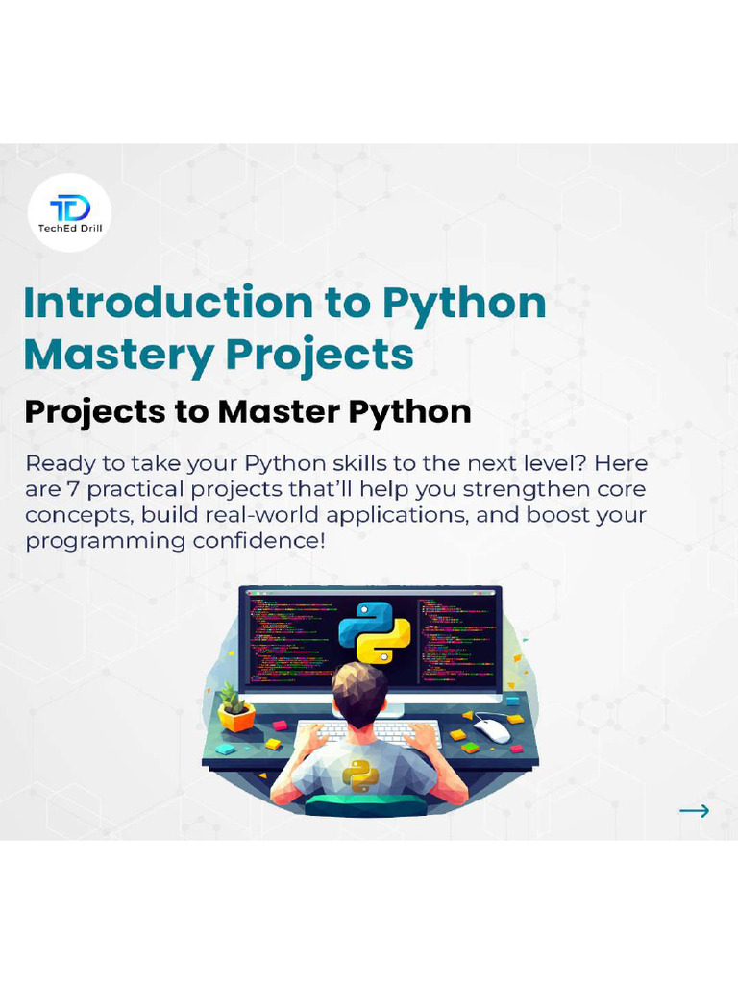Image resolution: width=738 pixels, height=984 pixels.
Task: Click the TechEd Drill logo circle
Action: tap(69, 212)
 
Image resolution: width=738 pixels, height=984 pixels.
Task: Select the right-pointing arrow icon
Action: tap(694, 810)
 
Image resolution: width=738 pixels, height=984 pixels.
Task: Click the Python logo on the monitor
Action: tap(375, 631)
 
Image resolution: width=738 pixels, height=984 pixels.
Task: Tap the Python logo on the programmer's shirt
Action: tap(359, 775)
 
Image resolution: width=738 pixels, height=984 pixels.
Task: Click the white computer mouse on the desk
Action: tap(492, 730)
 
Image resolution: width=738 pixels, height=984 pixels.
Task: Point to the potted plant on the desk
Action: tap(235, 708)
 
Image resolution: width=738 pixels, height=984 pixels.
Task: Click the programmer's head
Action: tap(359, 691)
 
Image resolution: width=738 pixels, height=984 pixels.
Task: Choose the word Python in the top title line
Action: tap(465, 303)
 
